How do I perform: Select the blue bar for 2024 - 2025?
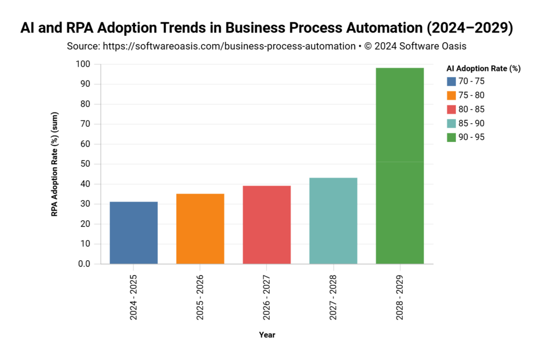point(133,233)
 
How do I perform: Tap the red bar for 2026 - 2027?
point(267,225)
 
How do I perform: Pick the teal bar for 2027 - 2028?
point(333,221)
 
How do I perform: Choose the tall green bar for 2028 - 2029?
point(400,166)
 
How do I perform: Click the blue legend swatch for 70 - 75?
point(451,82)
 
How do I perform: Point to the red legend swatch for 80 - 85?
point(451,109)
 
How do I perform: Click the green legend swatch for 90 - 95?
point(451,137)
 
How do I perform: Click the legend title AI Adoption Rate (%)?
point(483,68)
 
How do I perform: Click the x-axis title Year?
point(267,335)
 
